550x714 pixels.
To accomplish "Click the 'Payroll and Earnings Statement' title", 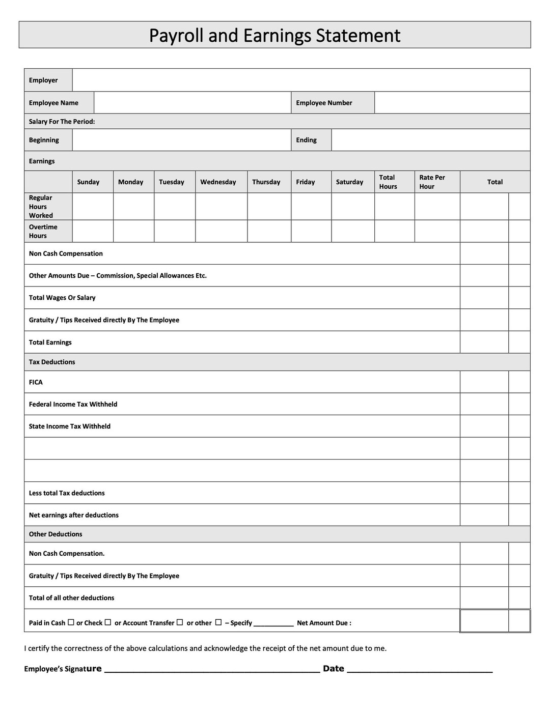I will [274, 35].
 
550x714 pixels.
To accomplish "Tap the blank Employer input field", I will [300, 80].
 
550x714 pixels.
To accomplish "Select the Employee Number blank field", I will [452, 102].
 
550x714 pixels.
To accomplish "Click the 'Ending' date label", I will [306, 140].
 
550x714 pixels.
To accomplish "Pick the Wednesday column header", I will [218, 182].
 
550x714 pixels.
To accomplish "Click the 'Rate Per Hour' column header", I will [432, 182].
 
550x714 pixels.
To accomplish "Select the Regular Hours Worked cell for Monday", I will [133, 206].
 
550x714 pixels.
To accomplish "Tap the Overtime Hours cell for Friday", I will [311, 231].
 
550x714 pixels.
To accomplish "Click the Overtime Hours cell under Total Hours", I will [394, 231].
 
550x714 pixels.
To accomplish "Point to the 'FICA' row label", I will [36, 382].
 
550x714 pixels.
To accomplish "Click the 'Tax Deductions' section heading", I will [52, 362].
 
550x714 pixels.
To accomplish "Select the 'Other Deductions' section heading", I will [56, 534].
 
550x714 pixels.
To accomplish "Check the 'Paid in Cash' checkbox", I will [71, 622].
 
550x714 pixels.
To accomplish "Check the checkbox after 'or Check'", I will [107, 622].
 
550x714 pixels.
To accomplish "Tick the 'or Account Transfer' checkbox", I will [179, 622].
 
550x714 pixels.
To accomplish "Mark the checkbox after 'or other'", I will [218, 622].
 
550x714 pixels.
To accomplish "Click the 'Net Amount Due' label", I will [324, 623].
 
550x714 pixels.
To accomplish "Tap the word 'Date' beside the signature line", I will [334, 668].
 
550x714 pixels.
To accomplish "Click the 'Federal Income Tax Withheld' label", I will [73, 404].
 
